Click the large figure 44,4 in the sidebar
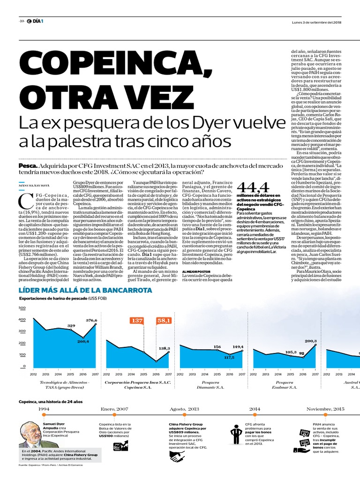point(253,187)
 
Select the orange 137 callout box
point(137,321)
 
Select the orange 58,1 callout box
point(164,321)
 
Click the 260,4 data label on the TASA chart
point(83,342)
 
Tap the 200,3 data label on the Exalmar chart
point(311,341)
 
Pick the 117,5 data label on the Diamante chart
point(229,357)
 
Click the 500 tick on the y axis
point(22,308)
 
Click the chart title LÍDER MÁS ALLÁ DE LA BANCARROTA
point(85,290)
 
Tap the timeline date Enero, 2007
point(114,409)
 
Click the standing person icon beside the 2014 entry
point(235,432)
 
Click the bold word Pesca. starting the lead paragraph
point(28,166)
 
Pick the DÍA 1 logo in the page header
point(36,22)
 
